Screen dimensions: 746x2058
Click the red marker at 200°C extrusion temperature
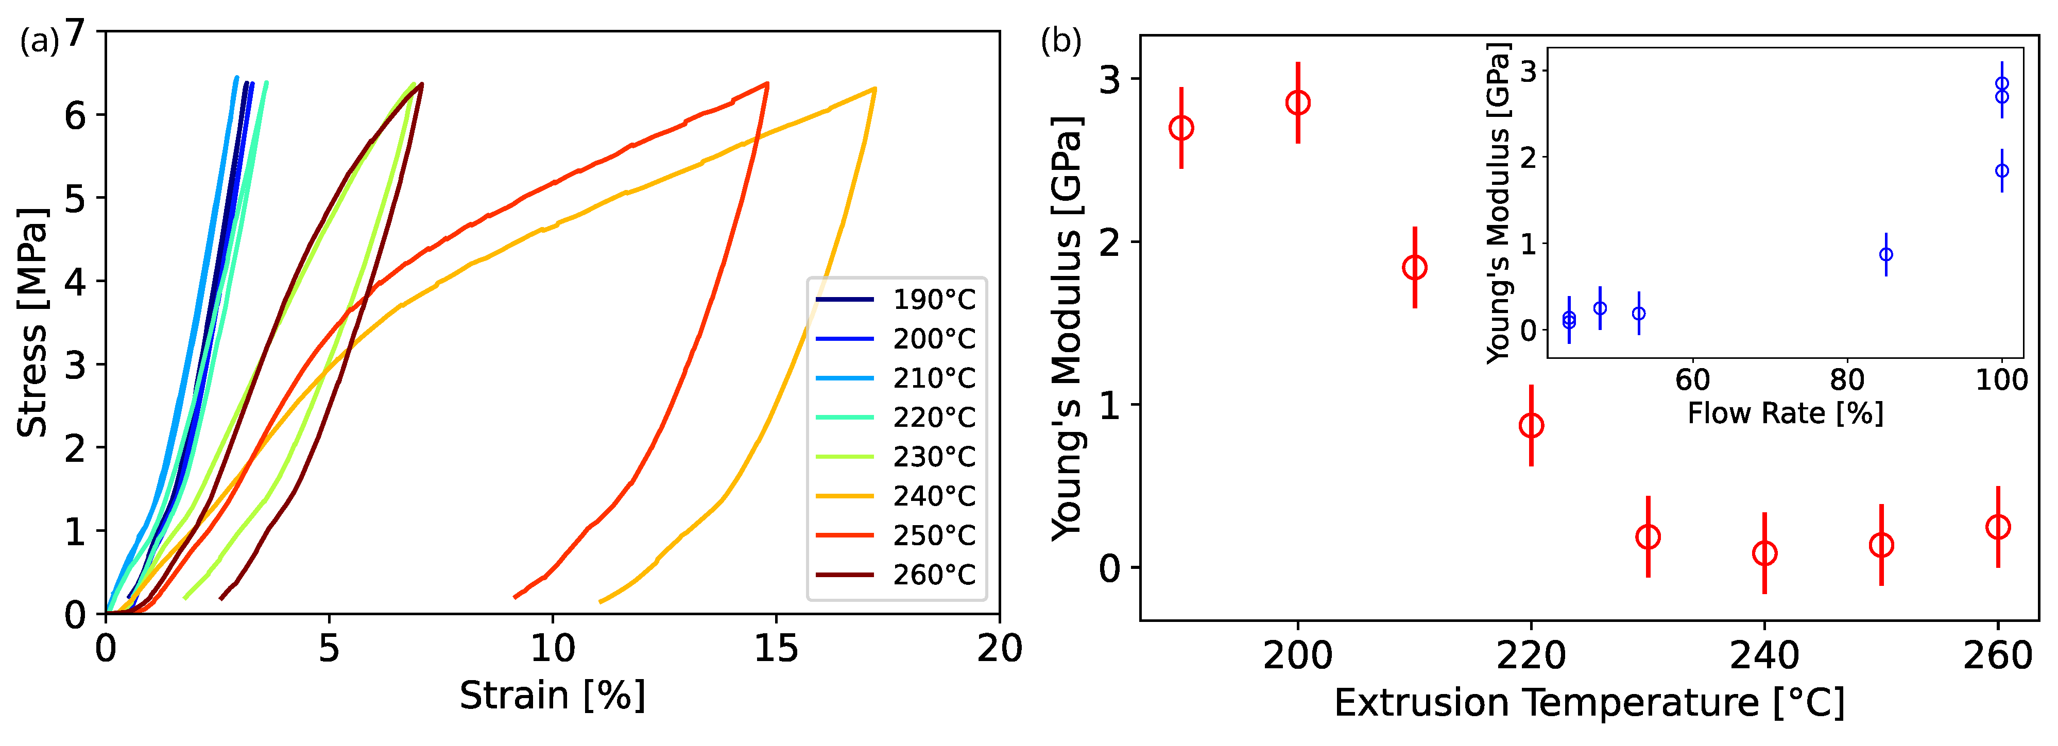[1297, 102]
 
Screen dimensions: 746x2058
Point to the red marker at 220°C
[1531, 426]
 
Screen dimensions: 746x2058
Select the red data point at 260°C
[1997, 527]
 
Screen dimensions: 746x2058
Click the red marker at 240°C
[1764, 553]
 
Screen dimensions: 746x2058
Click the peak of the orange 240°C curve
[875, 89]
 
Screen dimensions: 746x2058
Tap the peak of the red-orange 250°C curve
[767, 83]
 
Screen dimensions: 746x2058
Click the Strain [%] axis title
[552, 696]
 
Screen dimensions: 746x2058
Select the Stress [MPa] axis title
[32, 323]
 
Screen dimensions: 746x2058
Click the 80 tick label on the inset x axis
[1846, 379]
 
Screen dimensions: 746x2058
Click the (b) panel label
[1060, 40]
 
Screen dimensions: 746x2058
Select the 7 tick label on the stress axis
[75, 33]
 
